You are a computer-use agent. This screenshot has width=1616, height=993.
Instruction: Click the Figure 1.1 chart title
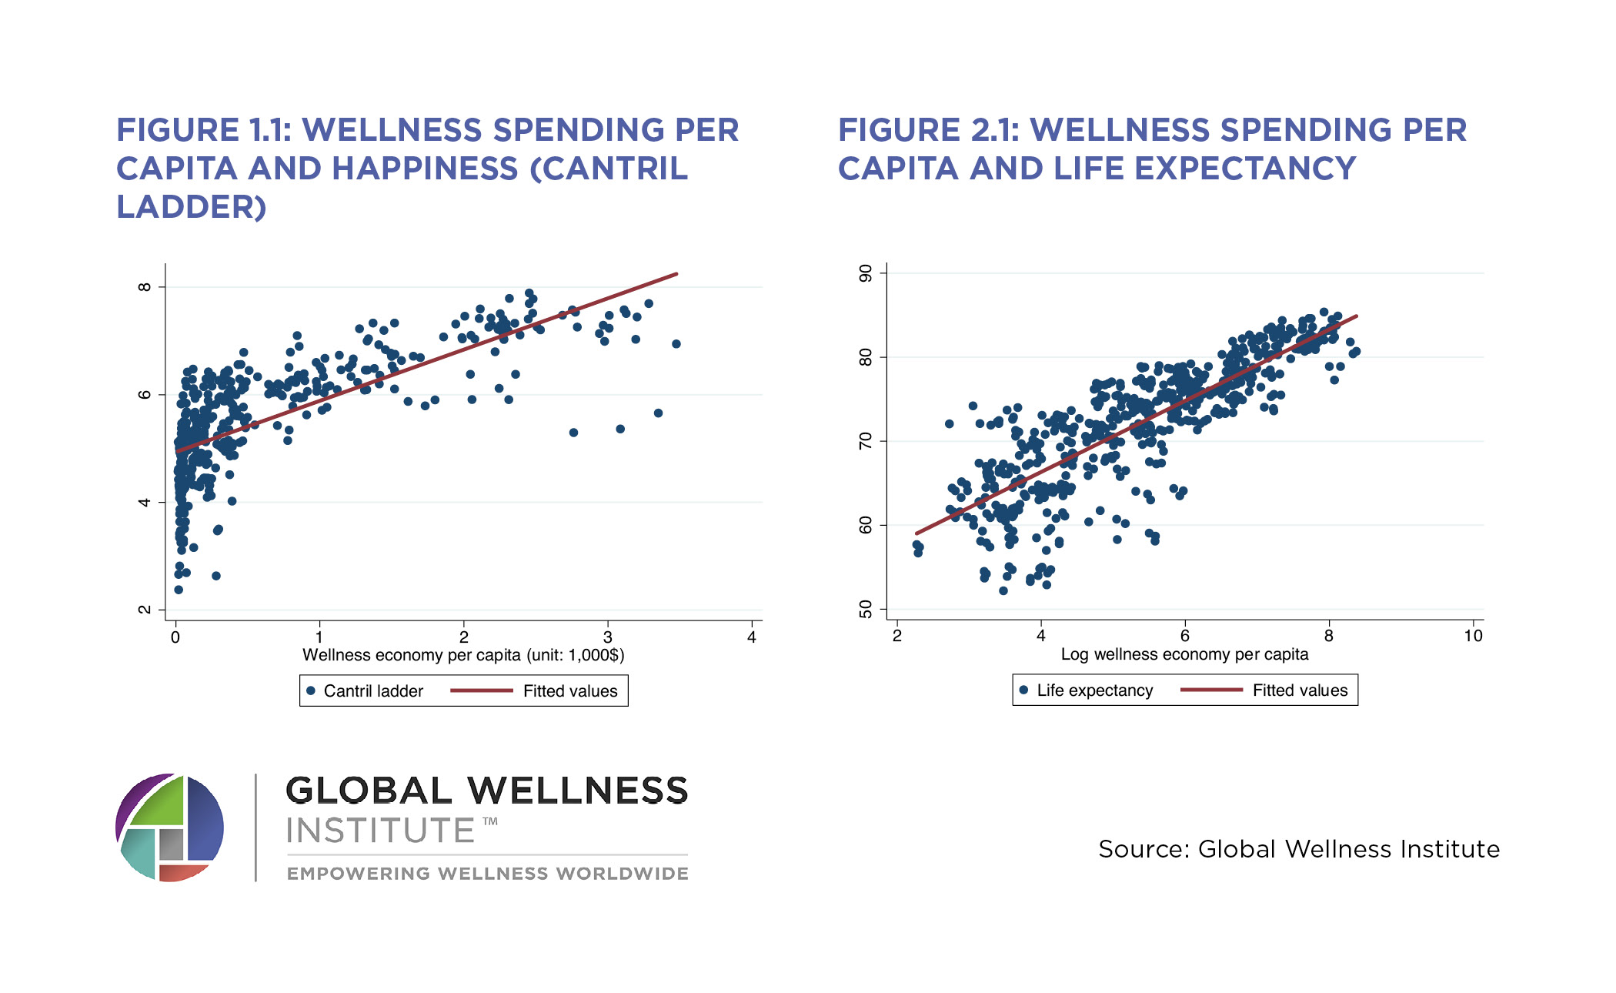tap(427, 168)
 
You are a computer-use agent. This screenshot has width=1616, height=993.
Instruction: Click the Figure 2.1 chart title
tap(1152, 149)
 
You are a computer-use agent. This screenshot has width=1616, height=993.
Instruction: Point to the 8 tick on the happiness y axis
tap(144, 287)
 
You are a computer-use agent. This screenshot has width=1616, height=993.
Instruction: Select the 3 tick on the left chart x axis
tap(608, 637)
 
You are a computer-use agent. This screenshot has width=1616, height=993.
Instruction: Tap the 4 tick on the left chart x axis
tap(752, 637)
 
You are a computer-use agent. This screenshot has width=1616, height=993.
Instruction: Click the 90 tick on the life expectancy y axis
tap(866, 273)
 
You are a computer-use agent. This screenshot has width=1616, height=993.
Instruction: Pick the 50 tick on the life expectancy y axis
tap(866, 610)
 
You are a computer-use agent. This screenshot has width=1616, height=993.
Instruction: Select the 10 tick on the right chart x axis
tap(1473, 636)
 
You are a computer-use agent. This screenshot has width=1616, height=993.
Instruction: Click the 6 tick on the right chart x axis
tap(1185, 636)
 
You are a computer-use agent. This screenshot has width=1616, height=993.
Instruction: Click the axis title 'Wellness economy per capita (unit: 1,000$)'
tap(463, 655)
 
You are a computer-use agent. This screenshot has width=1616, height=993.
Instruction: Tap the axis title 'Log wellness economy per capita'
tap(1184, 654)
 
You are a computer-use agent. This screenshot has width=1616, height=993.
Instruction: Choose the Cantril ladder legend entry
tap(372, 691)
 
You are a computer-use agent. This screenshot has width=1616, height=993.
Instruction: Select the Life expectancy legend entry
tap(1094, 690)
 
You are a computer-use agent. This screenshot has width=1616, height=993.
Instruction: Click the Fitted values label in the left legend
tap(570, 691)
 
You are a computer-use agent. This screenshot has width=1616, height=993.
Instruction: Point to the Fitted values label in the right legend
tap(1300, 690)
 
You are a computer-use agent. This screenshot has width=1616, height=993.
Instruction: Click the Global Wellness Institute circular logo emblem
tap(170, 828)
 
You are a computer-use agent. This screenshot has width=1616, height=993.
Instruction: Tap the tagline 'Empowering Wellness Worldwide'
tap(487, 874)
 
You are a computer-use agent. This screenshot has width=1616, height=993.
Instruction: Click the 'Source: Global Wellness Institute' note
tap(1299, 849)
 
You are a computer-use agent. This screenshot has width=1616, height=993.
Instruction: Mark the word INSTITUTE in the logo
tap(380, 831)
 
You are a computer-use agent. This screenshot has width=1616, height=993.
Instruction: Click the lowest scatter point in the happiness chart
tap(179, 590)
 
